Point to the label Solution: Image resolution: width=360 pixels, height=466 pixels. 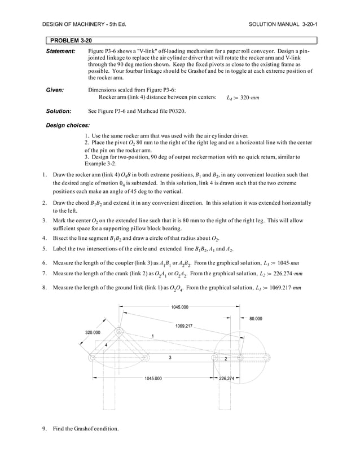point(58,111)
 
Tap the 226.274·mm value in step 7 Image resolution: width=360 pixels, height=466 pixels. point(286,274)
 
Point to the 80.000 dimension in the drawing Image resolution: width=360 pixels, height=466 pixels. point(259,319)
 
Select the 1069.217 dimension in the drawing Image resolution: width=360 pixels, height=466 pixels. point(184,326)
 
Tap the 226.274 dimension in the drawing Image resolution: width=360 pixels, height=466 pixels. point(230,379)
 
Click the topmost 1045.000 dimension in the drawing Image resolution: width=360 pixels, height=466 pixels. point(180,307)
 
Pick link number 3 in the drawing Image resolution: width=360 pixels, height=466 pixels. point(170,358)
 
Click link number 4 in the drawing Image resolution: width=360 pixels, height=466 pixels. point(106,344)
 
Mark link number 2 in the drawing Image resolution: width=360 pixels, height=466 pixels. point(225,358)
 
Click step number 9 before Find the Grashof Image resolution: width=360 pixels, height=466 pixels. point(44,429)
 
